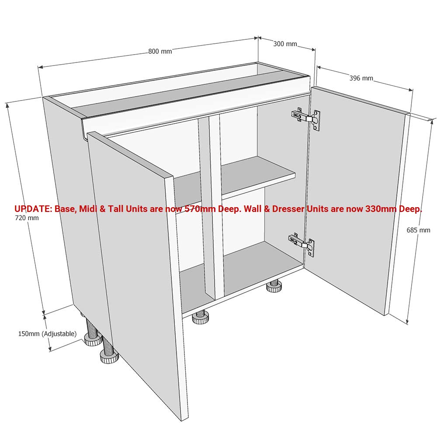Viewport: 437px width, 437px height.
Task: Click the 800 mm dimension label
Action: [x=160, y=51]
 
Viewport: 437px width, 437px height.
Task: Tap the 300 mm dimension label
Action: [x=285, y=44]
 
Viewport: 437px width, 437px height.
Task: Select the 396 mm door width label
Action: [x=361, y=78]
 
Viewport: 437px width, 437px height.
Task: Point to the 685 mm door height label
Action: [x=418, y=230]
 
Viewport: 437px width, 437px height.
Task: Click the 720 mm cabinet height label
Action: [x=27, y=218]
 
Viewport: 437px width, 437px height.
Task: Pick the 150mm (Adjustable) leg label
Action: [x=47, y=333]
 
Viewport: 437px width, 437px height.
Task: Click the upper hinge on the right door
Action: [x=306, y=118]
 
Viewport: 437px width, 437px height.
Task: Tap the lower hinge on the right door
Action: [x=302, y=244]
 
